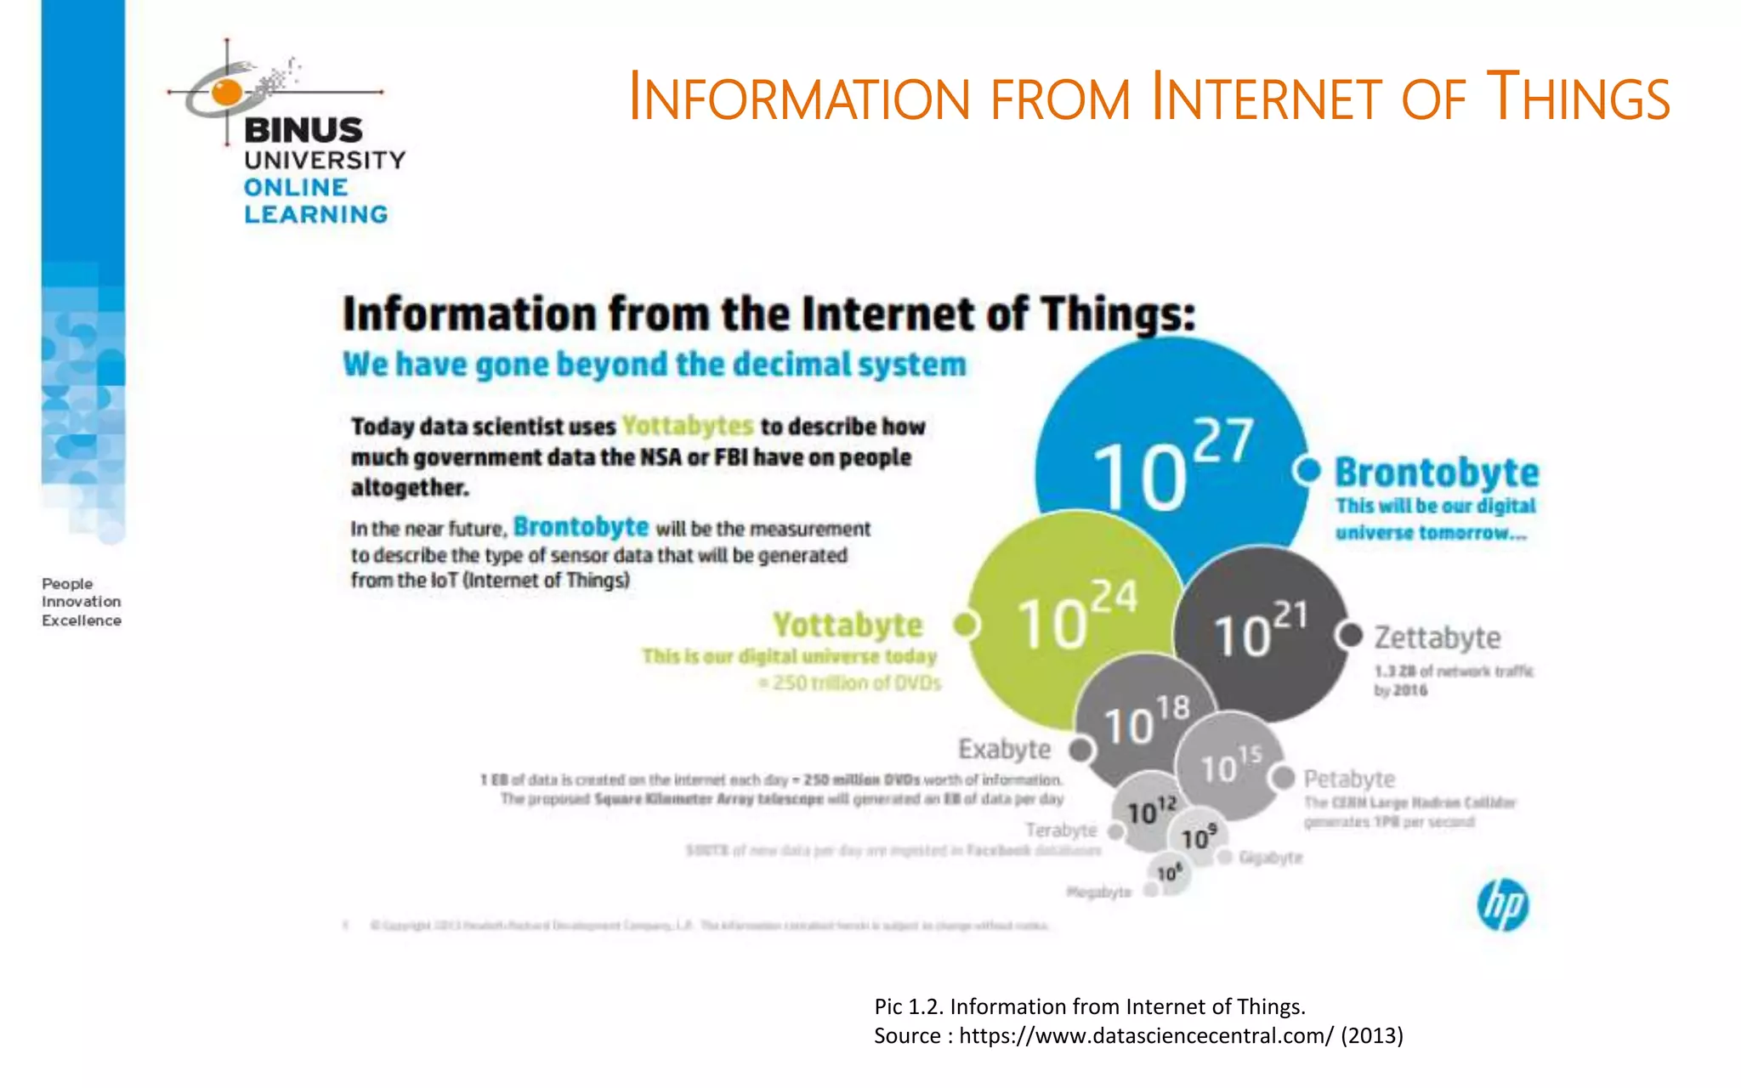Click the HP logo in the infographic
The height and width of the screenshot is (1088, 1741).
click(x=1502, y=904)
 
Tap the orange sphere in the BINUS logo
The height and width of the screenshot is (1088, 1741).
click(x=226, y=91)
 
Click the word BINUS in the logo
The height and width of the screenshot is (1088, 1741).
click(x=303, y=130)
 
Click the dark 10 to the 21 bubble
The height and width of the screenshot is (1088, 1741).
click(x=1261, y=633)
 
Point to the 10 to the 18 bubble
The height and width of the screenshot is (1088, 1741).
click(x=1144, y=720)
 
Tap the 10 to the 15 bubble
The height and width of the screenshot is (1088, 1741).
click(x=1229, y=765)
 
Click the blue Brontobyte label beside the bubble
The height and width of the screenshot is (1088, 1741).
click(x=1437, y=473)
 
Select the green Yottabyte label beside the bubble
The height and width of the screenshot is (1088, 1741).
click(x=848, y=626)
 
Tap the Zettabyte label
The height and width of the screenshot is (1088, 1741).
click(x=1438, y=637)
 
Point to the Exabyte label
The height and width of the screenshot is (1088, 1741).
click(x=1004, y=749)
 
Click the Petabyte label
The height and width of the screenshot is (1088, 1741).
click(x=1349, y=779)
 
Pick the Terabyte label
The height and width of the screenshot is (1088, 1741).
click(x=1061, y=830)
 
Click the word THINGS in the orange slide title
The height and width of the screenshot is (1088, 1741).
click(x=1578, y=98)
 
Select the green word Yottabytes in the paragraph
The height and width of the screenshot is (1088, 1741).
click(x=687, y=425)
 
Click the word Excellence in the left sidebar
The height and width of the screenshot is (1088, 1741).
click(x=82, y=620)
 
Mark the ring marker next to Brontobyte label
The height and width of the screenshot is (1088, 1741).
click(x=1307, y=469)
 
